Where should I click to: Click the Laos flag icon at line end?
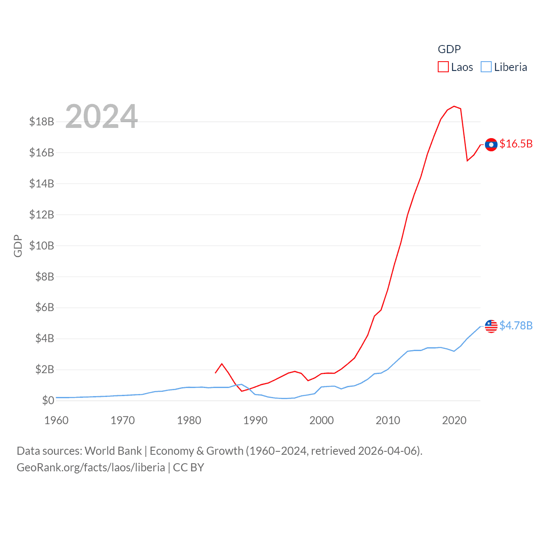click(x=491, y=144)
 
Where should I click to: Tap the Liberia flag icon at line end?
click(x=491, y=326)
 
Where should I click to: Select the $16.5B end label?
click(x=516, y=144)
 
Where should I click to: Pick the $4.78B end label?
click(x=516, y=326)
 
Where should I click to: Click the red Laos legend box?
click(x=443, y=67)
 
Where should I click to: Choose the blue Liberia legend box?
click(x=486, y=67)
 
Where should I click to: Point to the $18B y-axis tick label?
click(x=42, y=122)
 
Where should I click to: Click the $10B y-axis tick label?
click(x=42, y=246)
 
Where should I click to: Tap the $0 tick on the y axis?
click(x=48, y=400)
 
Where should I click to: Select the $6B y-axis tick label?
click(x=45, y=307)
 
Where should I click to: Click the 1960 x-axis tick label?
click(x=57, y=420)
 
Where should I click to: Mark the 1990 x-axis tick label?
click(x=255, y=420)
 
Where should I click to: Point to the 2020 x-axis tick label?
click(x=454, y=420)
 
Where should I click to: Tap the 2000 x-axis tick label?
click(x=322, y=420)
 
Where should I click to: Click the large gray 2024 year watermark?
click(x=102, y=116)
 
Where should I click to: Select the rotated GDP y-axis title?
click(x=18, y=246)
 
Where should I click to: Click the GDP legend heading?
click(x=449, y=49)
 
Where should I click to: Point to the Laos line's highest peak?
click(x=454, y=106)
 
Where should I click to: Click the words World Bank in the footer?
click(x=113, y=451)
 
